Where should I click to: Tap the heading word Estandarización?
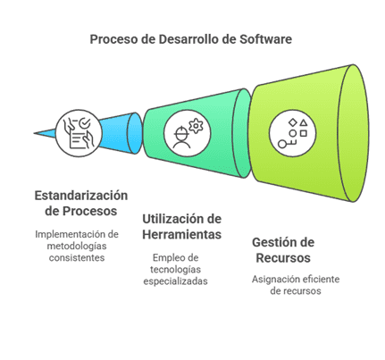tap(81, 196)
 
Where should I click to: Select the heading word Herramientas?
tap(181, 234)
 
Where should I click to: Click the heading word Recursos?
tap(283, 258)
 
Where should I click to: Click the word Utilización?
tap(170, 219)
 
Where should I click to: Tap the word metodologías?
tap(77, 247)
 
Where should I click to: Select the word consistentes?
tap(77, 257)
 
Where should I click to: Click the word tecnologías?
tap(175, 270)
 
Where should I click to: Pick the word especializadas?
tap(175, 281)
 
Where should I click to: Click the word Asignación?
tap(274, 280)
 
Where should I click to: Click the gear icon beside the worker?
tap(196, 126)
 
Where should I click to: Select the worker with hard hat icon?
tap(181, 137)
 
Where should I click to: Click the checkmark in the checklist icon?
tap(85, 122)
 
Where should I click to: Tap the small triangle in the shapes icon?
tap(303, 122)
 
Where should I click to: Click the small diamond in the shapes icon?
tap(293, 122)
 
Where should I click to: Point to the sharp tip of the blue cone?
tap(34, 133)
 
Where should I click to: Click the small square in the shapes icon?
tap(303, 133)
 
